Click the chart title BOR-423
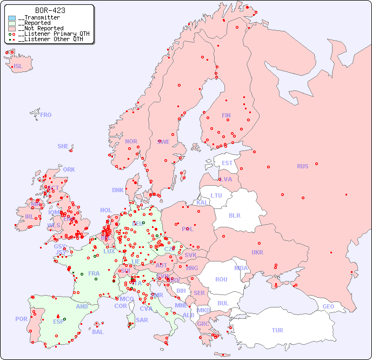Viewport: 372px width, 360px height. [50, 10]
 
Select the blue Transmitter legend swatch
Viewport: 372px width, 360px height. [12, 18]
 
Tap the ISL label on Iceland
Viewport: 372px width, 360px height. [18, 67]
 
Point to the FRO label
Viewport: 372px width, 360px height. [46, 115]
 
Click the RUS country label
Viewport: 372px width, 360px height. [302, 166]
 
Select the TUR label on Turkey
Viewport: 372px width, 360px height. [277, 330]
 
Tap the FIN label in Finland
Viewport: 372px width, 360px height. [226, 115]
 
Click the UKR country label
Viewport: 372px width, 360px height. [257, 252]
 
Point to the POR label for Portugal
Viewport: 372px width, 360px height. [21, 319]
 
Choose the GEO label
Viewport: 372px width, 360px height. [328, 306]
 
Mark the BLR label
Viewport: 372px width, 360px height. [234, 215]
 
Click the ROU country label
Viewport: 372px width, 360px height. [221, 279]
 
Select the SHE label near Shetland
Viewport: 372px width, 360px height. [63, 146]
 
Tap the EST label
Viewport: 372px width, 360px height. [227, 163]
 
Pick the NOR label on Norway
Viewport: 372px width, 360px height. [131, 141]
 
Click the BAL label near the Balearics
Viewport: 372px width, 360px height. [98, 332]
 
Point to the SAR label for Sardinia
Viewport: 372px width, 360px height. [142, 320]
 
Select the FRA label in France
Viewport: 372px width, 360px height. [94, 273]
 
